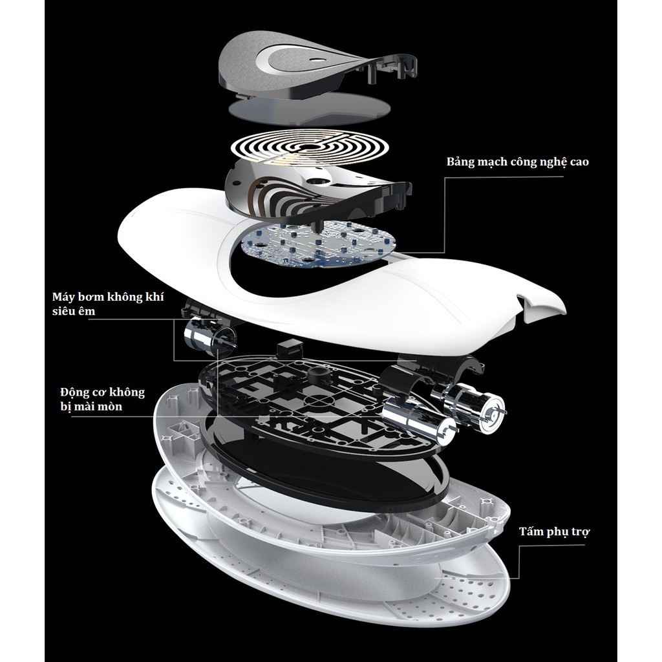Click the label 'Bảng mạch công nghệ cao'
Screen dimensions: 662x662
coord(518,162)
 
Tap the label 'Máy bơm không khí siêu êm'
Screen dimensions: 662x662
coord(108,304)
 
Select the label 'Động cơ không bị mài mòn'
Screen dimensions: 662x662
coord(103,400)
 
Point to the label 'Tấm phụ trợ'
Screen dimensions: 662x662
coord(554,531)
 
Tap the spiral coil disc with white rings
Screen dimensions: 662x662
coord(310,148)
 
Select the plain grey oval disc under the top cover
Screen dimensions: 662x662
coord(305,111)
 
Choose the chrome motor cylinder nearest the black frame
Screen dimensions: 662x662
coord(418,419)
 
